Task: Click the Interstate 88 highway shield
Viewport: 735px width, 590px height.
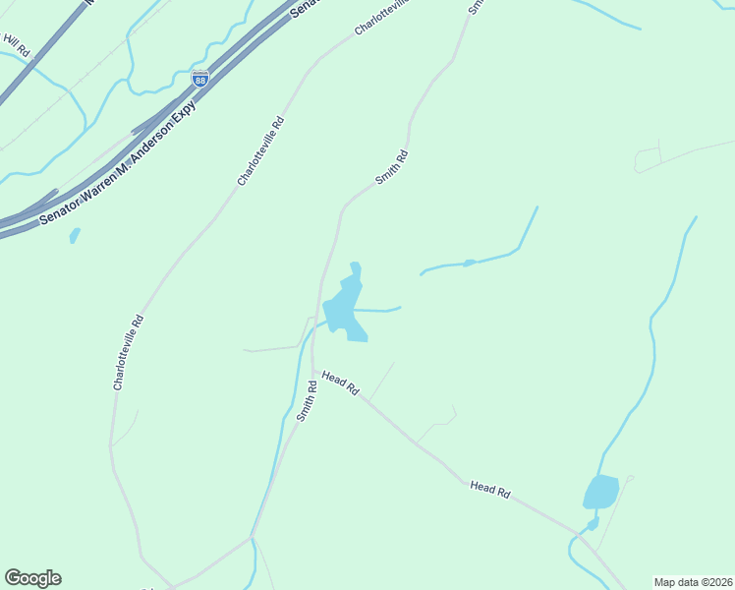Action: pos(199,79)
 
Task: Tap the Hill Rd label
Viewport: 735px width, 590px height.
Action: pos(17,43)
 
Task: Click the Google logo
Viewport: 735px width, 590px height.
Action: pos(32,578)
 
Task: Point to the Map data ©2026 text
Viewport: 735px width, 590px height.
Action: pos(693,581)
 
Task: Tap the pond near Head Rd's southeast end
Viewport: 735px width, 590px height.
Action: pos(600,492)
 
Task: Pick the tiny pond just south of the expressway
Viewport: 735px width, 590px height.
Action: pos(75,236)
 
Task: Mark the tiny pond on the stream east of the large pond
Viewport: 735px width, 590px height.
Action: pos(469,263)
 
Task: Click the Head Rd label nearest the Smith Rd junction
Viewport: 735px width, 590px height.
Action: pos(339,383)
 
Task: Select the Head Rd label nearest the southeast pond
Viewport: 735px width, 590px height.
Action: pos(489,489)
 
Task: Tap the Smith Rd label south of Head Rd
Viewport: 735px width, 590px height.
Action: pos(307,401)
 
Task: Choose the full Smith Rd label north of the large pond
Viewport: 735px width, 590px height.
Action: pos(391,167)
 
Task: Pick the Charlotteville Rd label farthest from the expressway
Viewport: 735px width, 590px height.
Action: pos(128,353)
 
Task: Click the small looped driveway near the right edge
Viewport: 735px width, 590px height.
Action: pos(649,158)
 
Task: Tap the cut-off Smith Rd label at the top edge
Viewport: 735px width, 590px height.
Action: pos(477,6)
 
